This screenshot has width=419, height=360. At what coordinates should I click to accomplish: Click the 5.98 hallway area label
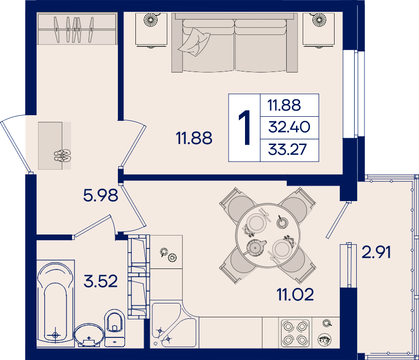[100, 195]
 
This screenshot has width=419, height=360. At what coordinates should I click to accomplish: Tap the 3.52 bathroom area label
[100, 281]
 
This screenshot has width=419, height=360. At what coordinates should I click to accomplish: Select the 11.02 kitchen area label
[295, 295]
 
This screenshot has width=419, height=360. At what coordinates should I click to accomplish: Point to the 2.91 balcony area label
[376, 252]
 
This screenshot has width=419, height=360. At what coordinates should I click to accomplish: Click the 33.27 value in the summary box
[287, 149]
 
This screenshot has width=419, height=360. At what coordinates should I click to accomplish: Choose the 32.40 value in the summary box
[289, 127]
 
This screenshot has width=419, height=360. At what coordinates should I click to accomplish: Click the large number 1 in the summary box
[245, 128]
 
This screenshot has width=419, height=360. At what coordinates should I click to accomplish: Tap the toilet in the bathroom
[115, 328]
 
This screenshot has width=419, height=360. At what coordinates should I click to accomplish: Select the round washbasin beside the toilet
[89, 335]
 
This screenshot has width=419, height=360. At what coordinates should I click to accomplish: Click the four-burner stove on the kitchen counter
[295, 333]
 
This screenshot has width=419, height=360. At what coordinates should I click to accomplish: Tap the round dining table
[268, 236]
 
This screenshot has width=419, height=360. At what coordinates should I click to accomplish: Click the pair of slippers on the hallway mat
[62, 156]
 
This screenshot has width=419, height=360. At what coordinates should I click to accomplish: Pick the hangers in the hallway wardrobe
[74, 29]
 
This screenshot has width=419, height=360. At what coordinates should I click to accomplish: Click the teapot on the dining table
[256, 247]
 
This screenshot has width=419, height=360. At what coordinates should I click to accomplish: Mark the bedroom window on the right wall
[353, 94]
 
